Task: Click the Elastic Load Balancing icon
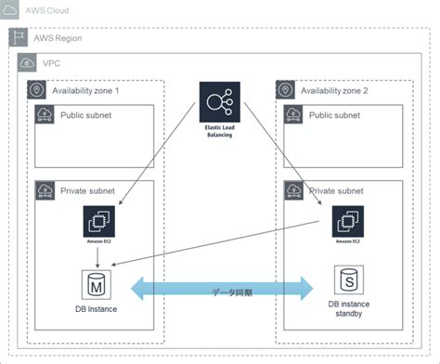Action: tap(220, 99)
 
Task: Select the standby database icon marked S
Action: tap(347, 279)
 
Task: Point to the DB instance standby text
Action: tap(346, 308)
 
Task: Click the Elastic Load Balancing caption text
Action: tap(220, 130)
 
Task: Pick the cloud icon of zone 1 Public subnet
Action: tap(44, 115)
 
